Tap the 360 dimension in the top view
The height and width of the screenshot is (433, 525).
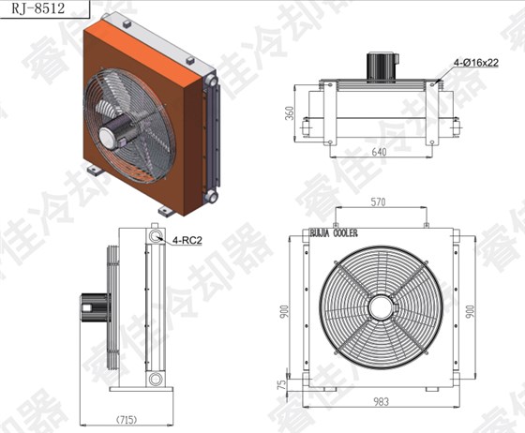pyautogui.click(x=290, y=113)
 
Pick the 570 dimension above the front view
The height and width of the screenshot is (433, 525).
pyautogui.click(x=379, y=202)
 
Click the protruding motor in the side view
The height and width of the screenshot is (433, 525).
pyautogui.click(x=93, y=305)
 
